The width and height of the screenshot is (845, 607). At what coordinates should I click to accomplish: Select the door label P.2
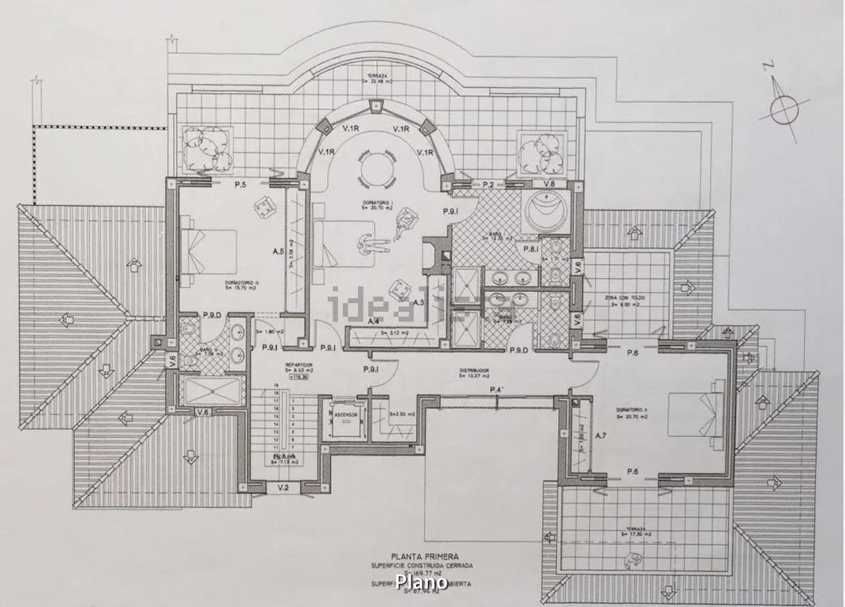488,184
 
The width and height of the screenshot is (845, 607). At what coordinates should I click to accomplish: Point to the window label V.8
549,184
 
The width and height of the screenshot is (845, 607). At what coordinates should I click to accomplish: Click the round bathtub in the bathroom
548,212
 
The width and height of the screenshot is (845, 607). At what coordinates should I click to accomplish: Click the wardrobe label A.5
278,251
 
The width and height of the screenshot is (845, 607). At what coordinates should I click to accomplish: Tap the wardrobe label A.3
418,302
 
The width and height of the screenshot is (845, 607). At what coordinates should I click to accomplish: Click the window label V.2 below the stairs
283,487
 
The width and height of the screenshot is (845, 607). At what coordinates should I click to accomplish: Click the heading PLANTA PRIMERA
422,557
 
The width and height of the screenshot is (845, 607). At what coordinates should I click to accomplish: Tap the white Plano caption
421,582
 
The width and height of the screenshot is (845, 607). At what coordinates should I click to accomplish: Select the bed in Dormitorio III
211,250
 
